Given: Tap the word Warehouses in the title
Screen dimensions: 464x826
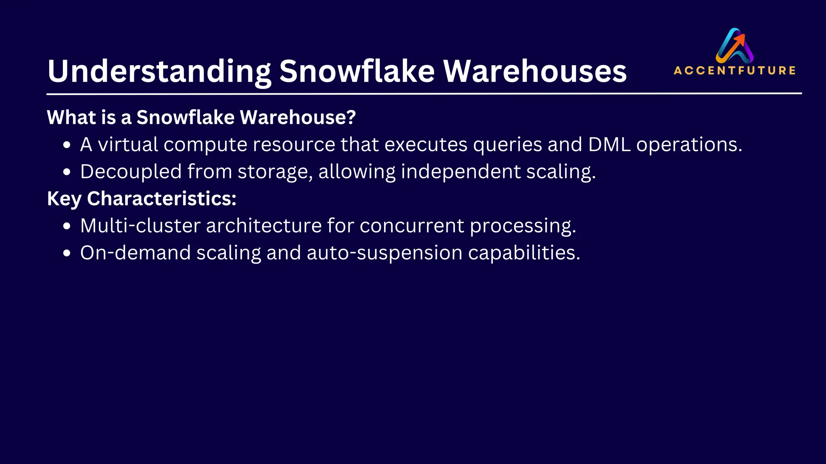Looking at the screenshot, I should tap(535, 72).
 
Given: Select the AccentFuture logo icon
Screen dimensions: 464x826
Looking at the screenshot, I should tap(734, 46).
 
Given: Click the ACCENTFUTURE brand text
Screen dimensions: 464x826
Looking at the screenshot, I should tap(734, 70).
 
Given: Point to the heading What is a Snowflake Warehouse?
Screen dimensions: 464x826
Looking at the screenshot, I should tap(201, 117).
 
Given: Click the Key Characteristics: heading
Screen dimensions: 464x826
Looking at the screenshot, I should tap(142, 199).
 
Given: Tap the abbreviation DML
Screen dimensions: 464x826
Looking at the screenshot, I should tap(609, 144).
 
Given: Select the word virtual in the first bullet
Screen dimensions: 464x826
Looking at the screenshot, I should tap(128, 144).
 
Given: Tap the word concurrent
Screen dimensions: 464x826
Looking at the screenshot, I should tap(412, 226).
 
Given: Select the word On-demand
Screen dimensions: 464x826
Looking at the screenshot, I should tap(136, 253).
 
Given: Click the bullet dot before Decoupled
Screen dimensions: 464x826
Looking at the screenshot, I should tap(67, 172).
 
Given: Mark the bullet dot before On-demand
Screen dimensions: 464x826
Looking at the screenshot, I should tap(67, 253).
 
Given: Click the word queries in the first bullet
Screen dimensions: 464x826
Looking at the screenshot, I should tap(507, 144).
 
